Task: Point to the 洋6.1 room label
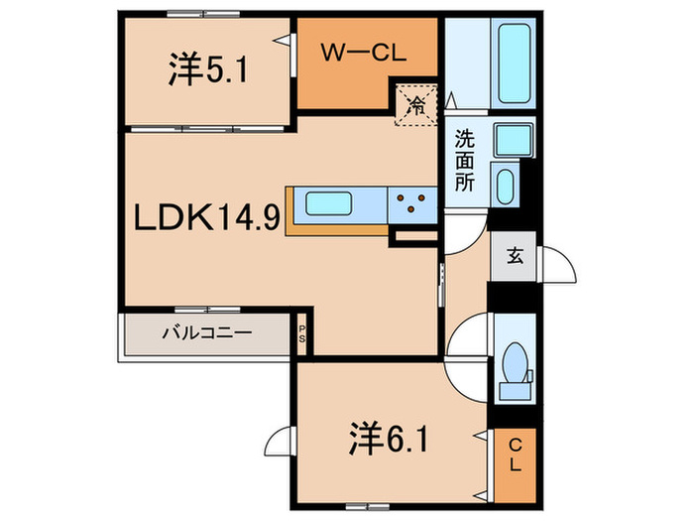pos(389,437)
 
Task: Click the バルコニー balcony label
pos(207,333)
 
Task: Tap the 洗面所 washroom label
pos(464,160)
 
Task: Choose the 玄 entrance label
pos(516,255)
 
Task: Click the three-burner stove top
pos(411,203)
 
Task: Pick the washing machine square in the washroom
pos(514,141)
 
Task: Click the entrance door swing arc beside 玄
pos(558,266)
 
